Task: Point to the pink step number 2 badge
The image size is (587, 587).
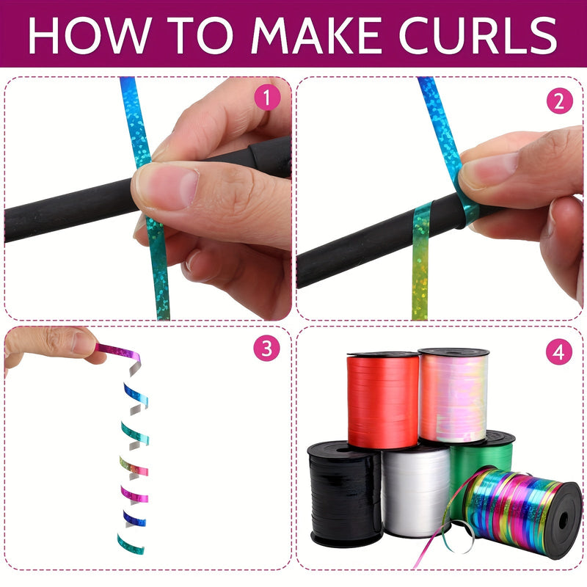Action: point(560,101)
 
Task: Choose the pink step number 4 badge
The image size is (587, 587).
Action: point(560,353)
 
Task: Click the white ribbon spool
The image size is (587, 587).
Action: point(415,492)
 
